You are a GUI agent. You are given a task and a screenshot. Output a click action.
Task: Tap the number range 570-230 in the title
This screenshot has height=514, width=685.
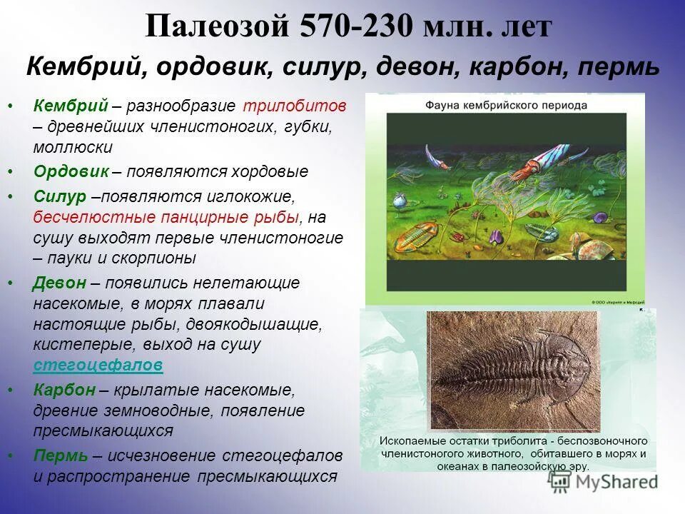click(351, 29)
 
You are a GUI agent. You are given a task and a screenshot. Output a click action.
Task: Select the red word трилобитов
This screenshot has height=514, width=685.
click(294, 106)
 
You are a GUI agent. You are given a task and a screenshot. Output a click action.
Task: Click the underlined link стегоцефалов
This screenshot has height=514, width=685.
click(98, 366)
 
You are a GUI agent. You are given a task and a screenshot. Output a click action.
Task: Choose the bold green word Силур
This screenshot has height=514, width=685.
click(60, 196)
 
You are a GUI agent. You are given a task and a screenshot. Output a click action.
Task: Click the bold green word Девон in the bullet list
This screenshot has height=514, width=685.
click(60, 283)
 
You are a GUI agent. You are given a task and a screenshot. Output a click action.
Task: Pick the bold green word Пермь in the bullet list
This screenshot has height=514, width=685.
click(61, 455)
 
